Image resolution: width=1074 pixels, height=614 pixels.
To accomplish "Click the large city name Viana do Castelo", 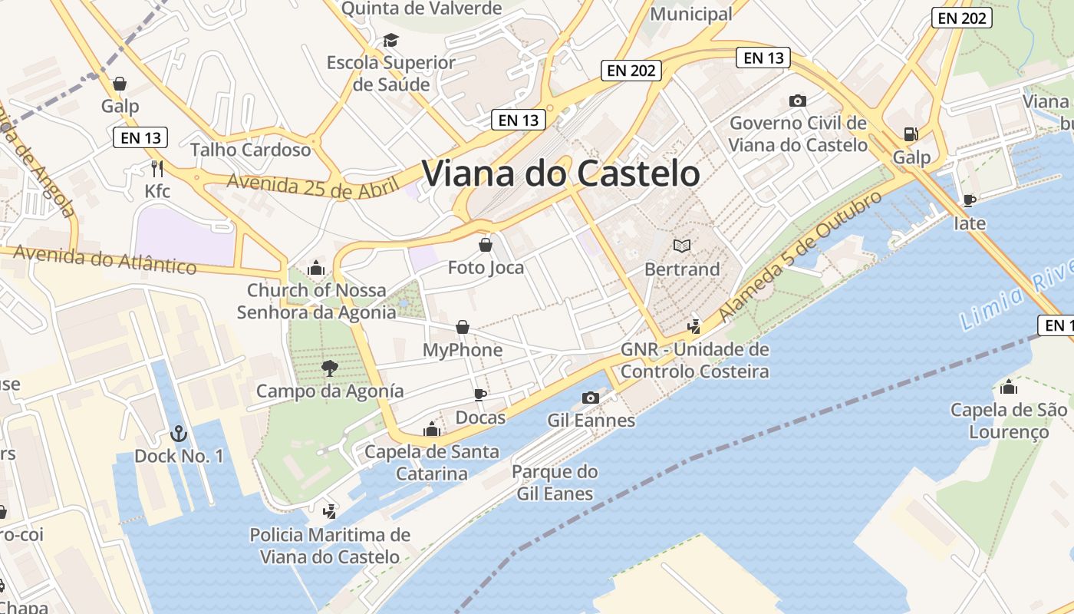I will pos(561,174).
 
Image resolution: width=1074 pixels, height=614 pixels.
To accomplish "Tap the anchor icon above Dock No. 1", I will pos(179,434).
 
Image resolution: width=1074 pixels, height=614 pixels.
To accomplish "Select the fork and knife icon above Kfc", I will pos(158,169).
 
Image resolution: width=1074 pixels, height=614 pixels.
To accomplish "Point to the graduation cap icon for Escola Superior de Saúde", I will pos(391,40).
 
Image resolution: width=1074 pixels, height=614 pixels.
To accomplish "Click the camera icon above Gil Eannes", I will pos(591,398).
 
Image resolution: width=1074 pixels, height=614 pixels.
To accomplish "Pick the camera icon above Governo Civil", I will pos(798,101).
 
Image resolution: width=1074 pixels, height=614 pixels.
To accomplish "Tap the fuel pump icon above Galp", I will pos(911,134).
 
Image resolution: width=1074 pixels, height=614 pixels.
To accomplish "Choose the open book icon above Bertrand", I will pos(682,246).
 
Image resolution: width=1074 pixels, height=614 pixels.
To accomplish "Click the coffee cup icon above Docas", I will pos(480,394).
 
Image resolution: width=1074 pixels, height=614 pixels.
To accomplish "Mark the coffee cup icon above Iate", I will pos(970,200).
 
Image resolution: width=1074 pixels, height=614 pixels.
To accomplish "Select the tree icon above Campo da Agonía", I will pos(330,368).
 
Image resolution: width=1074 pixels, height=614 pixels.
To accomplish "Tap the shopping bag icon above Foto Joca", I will pos(486,245).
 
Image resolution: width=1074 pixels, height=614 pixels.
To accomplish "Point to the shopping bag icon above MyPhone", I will pos(463,328).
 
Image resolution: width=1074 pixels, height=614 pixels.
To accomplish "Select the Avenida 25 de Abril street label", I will pos(313,184).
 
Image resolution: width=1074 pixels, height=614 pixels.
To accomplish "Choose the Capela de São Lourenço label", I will pos(1009,421).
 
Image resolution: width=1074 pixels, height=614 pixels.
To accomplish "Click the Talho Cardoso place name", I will pos(250,149).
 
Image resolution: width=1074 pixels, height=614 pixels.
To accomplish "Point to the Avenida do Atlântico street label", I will pos(104,259).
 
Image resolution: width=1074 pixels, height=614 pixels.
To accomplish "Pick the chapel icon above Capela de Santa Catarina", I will pos(432,429).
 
